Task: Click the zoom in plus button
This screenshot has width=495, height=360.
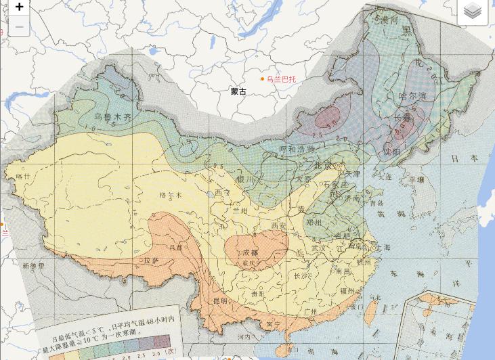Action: [19, 7]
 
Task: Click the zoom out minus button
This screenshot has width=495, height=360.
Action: [19, 27]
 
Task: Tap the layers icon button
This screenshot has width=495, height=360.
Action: [473, 11]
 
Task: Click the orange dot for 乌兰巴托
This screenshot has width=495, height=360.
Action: [263, 79]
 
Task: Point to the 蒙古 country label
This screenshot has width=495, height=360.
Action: [238, 91]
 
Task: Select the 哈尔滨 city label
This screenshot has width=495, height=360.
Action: [412, 97]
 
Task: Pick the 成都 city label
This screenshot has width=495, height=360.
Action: [250, 253]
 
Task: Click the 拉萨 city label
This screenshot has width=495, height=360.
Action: [151, 260]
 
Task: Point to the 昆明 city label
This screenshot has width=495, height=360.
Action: [221, 300]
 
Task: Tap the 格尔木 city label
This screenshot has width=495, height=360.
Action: [171, 195]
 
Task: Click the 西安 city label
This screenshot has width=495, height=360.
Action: [278, 225]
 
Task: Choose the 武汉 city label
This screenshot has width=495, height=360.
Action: [318, 249]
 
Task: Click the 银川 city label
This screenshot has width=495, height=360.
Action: [245, 179]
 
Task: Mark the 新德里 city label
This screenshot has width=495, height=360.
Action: [32, 266]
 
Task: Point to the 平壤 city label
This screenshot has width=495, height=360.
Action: [416, 180]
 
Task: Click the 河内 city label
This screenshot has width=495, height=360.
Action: [244, 336]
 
